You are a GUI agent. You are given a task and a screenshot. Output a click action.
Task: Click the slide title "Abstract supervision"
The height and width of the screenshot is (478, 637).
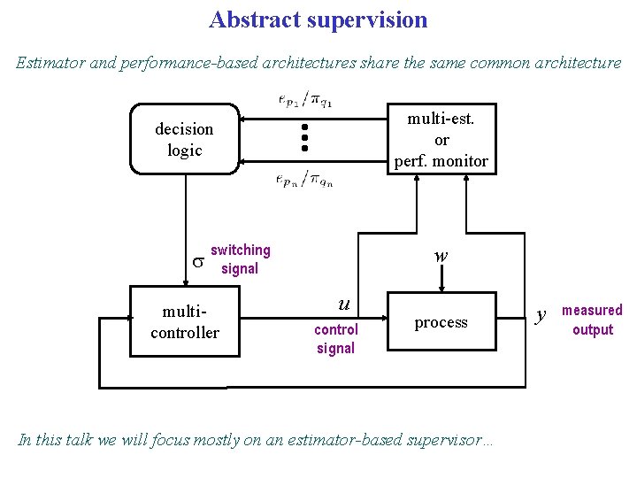coord(318,19)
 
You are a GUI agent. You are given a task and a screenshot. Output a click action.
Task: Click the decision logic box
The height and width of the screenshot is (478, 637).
coord(185,139)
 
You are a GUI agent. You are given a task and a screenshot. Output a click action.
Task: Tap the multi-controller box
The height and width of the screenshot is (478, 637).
coord(185,321)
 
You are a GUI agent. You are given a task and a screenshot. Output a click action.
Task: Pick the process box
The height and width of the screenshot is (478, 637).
coord(441,323)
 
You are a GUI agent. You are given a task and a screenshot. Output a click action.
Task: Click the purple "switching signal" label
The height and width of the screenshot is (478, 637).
coord(240,259)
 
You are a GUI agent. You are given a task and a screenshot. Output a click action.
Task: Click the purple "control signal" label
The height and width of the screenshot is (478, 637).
coord(336,339)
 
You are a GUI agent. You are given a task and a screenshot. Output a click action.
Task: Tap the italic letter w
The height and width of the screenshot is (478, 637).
coord(441,256)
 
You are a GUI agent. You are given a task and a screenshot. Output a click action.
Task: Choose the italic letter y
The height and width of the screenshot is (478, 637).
coord(543,312)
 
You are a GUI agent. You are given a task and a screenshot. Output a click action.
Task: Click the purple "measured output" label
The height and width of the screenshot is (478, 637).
coord(592,320)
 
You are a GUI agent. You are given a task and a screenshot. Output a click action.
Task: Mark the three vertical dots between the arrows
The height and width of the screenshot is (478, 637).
coord(303,138)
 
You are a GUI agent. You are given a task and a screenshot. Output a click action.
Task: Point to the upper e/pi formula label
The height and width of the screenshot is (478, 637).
coord(305,98)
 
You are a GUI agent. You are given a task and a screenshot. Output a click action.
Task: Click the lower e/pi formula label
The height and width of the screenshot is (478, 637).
coord(305,179)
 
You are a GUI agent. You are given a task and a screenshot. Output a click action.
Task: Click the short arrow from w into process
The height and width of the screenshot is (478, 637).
coord(441,279)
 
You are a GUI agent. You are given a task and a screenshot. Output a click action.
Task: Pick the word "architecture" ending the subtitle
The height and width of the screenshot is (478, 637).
coord(579,63)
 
